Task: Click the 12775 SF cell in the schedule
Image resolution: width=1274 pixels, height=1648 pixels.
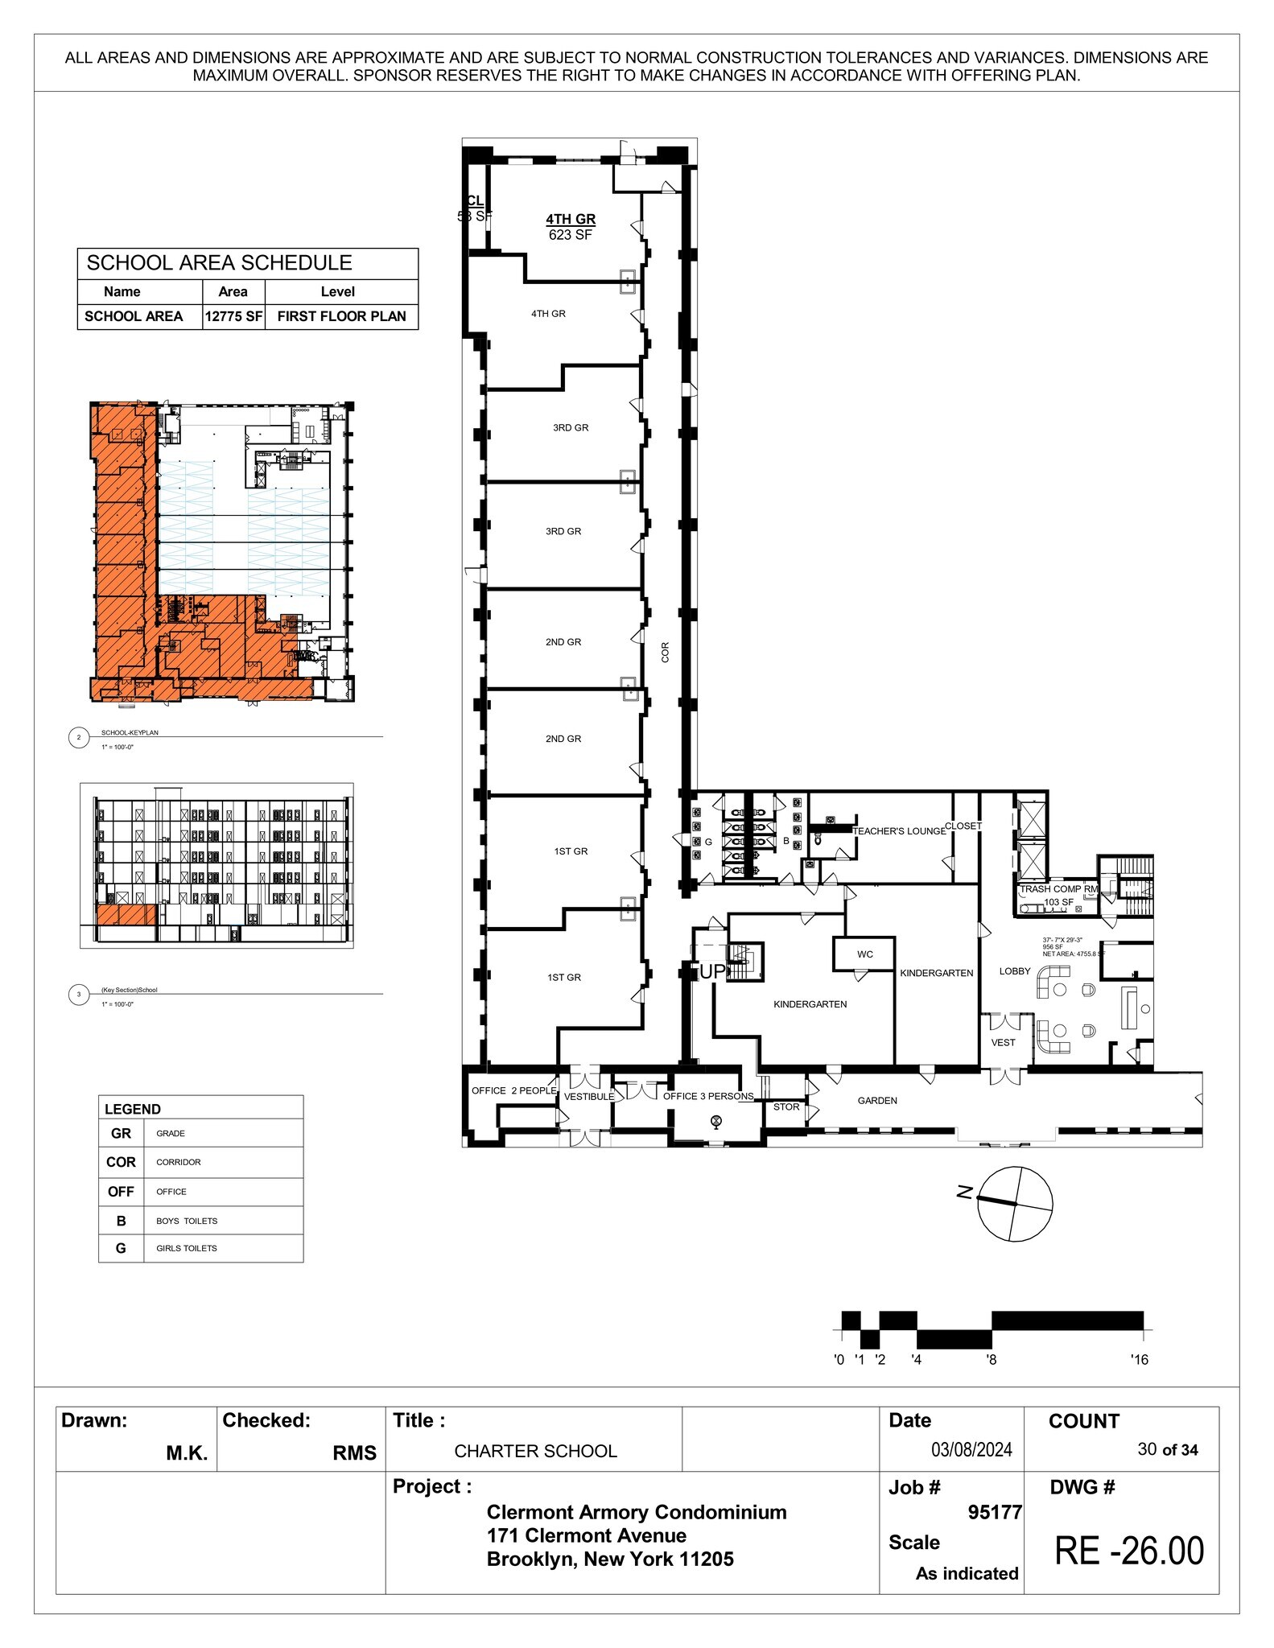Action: point(233,316)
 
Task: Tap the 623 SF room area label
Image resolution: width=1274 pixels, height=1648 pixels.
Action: point(571,235)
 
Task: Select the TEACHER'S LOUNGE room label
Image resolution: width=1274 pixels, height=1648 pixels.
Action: point(899,831)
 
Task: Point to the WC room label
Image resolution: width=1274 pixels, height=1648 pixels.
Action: point(865,954)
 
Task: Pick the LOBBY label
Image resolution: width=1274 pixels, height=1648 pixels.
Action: point(1015,971)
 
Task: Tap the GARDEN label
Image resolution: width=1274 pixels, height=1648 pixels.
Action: point(877,1100)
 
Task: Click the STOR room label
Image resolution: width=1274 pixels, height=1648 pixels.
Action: point(786,1106)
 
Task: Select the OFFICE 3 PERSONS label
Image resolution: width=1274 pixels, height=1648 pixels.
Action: point(708,1096)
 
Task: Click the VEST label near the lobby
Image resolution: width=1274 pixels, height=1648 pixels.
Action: point(1003,1042)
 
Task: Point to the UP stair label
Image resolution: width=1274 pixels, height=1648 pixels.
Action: point(712,972)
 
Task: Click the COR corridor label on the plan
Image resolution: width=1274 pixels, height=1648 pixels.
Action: point(665,652)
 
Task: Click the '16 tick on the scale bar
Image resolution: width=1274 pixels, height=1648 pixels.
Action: point(1139,1360)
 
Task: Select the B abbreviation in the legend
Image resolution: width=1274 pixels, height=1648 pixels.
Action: point(121,1221)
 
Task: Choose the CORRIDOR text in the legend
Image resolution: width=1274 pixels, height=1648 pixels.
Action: point(179,1162)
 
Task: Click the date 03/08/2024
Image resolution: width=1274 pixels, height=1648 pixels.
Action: point(971,1450)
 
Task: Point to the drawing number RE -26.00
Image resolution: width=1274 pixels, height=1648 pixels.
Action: point(1129,1551)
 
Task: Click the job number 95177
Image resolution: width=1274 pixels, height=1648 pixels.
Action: point(995,1513)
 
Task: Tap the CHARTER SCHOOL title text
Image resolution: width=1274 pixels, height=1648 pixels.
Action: point(535,1451)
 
